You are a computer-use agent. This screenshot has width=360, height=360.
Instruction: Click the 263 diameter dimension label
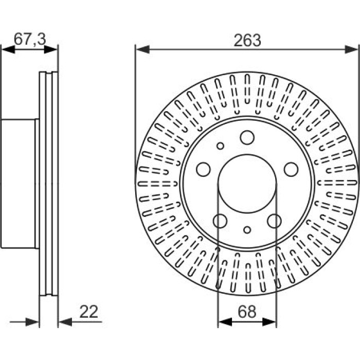pos(247,41)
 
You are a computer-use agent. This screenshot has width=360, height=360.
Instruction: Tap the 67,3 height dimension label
pos(30,39)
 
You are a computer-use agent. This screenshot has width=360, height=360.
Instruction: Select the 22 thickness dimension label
pos(88,312)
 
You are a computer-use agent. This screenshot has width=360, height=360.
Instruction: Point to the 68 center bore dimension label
pos(247,312)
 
